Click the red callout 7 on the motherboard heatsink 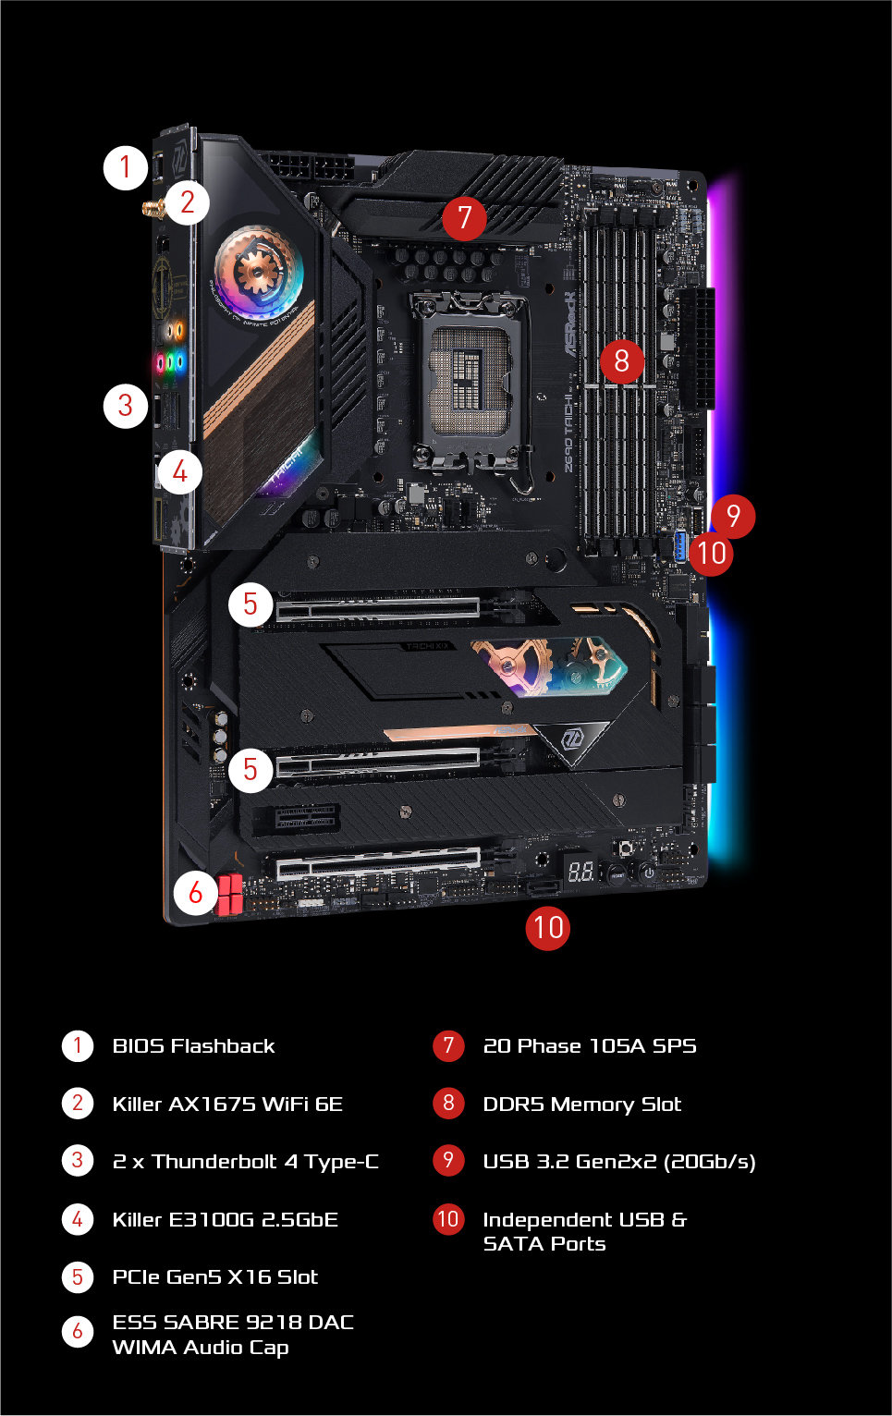(464, 218)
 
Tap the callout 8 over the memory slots (621, 361)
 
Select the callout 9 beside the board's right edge (733, 516)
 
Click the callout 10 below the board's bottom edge (547, 927)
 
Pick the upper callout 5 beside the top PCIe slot (250, 604)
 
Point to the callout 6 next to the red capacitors (196, 893)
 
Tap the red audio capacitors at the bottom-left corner (229, 895)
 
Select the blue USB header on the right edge (680, 547)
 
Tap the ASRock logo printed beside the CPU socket (569, 323)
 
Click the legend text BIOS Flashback (193, 1046)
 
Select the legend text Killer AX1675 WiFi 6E (227, 1104)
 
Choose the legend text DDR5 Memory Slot (582, 1104)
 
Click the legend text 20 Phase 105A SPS (590, 1046)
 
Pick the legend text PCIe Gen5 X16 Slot (215, 1277)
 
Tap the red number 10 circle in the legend (448, 1219)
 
